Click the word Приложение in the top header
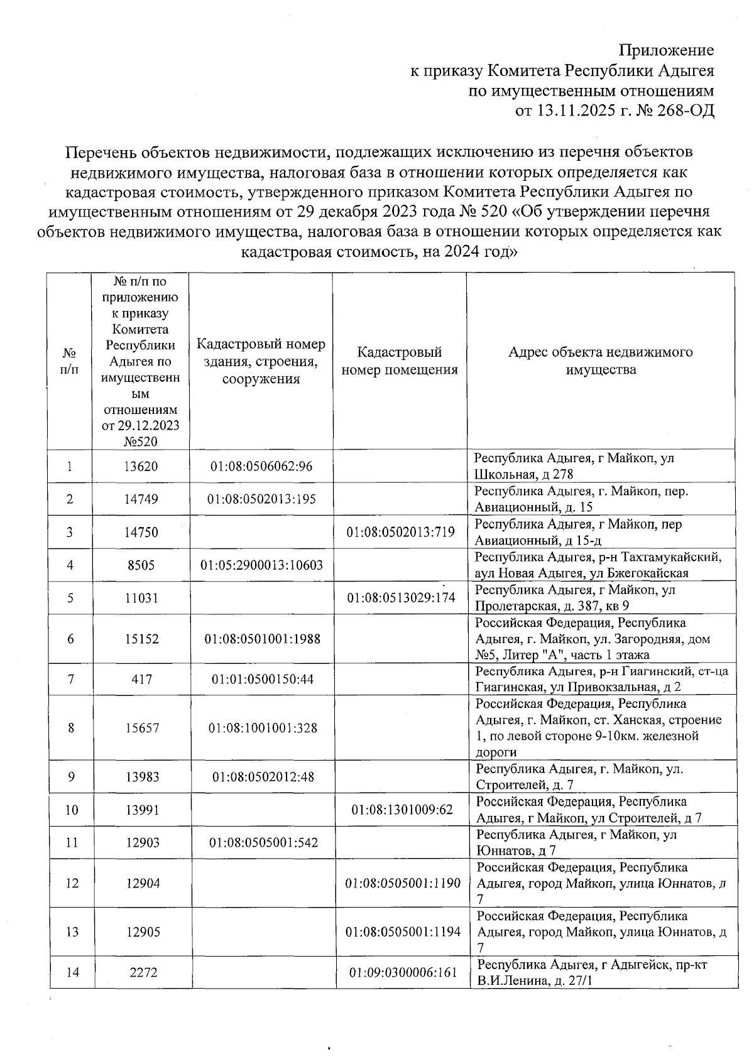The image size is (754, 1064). pos(666,50)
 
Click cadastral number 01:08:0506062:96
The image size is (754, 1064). pos(261,467)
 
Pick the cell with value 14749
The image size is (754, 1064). pos(141,499)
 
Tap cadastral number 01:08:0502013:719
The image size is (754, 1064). pos(400,532)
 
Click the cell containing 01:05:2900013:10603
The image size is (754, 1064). pos(261,565)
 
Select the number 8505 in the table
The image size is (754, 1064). pos(141,565)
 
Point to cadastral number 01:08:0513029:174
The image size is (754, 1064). pos(400,598)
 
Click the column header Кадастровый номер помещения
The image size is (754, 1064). pos(399,361)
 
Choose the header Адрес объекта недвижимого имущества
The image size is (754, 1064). pos(600,361)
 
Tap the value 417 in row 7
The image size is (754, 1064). pos(141,680)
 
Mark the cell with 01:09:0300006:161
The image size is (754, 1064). pos(403,972)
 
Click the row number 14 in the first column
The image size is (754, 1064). pos(72,972)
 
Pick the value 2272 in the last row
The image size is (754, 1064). pos(142,972)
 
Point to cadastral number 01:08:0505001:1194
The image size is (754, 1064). pos(403,931)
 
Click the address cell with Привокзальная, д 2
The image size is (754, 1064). pos(601,679)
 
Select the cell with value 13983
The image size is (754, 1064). pos(142,777)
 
